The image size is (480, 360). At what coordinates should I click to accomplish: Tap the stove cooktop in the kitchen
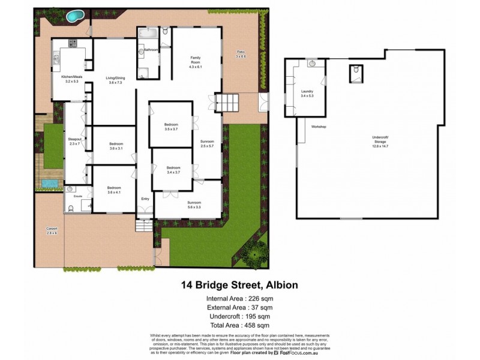click(73, 43)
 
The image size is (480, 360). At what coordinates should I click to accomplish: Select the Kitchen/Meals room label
click(71, 77)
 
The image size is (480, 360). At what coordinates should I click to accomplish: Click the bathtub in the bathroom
click(148, 32)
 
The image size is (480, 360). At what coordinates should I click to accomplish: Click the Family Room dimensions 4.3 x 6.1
click(195, 60)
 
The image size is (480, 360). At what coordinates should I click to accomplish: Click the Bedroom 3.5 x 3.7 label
click(171, 127)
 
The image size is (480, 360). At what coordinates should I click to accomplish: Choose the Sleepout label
click(74, 140)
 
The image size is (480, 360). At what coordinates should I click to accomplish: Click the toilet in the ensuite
click(71, 208)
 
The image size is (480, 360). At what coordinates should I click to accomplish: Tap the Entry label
click(145, 199)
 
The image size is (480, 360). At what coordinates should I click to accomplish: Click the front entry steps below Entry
click(145, 227)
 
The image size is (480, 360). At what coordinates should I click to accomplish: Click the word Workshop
click(318, 127)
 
